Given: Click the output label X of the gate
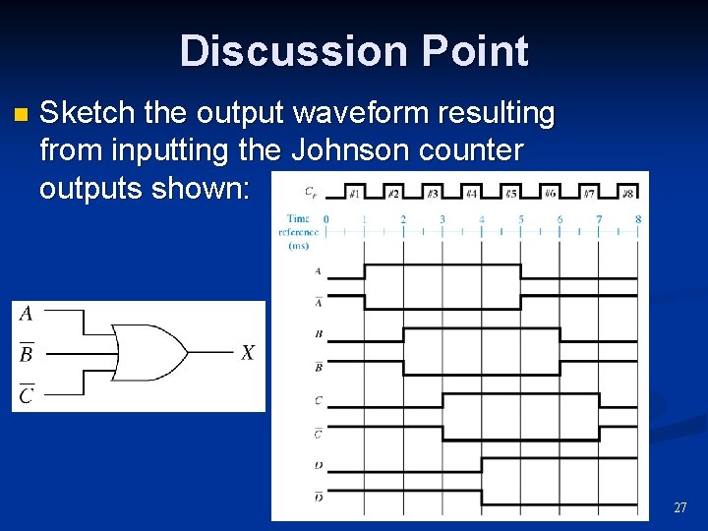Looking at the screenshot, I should pos(247,352).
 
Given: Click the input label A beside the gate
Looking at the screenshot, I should pos(27,314).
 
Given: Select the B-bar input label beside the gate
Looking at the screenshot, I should pos(27,353).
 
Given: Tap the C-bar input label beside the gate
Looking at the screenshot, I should pos(27,394).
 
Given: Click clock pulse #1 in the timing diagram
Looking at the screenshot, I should pos(355,194).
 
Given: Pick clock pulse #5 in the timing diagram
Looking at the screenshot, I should pos(511,194).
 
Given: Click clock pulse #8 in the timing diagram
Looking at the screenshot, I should pos(627,194).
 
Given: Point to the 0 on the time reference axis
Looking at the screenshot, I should pos(326,218).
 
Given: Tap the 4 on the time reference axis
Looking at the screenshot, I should pos(482,218).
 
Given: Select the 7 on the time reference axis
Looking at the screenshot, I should pos(599,218).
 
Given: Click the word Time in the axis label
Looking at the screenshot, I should pos(298,218).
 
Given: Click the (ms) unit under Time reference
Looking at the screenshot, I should pos(298,246).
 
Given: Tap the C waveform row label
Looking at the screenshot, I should pos(318,400).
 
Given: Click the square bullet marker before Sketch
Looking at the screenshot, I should pos(22,115).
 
